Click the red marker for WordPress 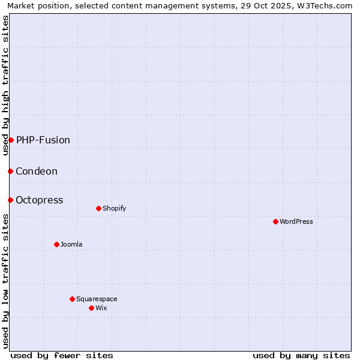275,221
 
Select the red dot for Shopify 98,208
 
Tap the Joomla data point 56,244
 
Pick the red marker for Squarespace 72,299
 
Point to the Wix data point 91,308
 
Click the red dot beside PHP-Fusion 11,140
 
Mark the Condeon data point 10,171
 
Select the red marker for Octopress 10,200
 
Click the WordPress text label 296,221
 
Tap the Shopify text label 115,208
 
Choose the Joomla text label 71,244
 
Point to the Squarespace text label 97,299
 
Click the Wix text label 101,308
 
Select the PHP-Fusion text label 43,140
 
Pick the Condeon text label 37,171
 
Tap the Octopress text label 40,200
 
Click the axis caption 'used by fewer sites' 62,355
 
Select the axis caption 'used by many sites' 301,355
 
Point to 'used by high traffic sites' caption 5,85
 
